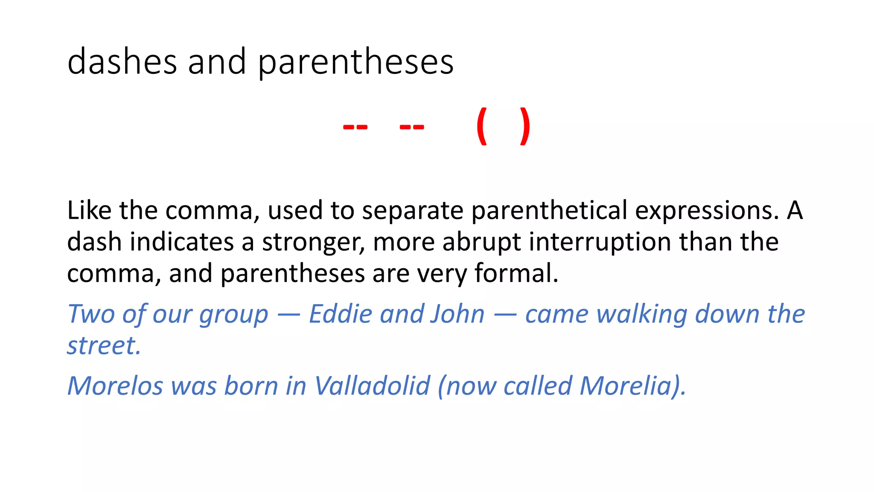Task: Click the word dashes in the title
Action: click(122, 62)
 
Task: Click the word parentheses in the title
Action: click(355, 63)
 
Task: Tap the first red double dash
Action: click(355, 127)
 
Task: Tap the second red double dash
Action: click(412, 127)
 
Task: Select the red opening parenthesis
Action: click(481, 126)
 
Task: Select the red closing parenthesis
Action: click(525, 126)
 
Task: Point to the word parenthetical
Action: click(549, 211)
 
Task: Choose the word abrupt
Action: click(481, 243)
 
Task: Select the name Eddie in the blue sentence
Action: click(340, 314)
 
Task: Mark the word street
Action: click(104, 346)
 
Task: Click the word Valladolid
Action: click(372, 386)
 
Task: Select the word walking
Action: click(642, 315)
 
